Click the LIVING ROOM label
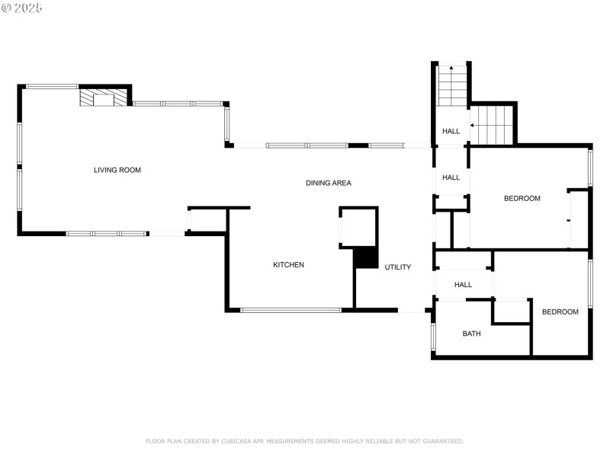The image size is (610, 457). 117,170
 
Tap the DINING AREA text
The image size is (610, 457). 328,183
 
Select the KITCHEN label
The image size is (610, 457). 288,265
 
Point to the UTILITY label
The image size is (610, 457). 397,267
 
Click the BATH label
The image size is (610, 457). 471,334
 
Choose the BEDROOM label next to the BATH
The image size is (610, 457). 560,312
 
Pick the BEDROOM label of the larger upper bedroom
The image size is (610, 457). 522,199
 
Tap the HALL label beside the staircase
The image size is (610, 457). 451,132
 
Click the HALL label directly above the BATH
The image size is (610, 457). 463,285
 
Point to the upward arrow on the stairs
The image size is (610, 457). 451,70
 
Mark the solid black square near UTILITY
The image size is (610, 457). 366,258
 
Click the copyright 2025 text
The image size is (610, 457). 22,8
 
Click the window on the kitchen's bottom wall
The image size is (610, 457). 291,310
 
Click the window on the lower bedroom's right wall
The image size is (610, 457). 590,284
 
